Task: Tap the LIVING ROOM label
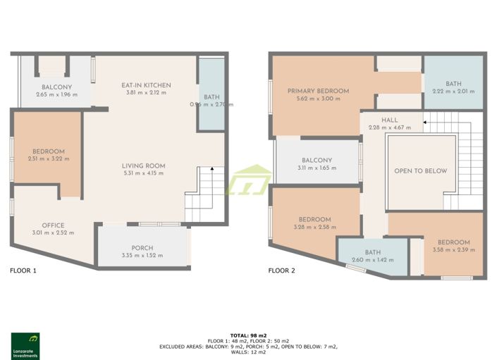pos(144,166)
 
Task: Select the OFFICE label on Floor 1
pos(53,225)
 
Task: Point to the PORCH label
pos(142,248)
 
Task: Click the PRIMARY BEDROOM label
pos(318,91)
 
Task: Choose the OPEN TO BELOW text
pos(420,170)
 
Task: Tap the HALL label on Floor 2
pos(390,120)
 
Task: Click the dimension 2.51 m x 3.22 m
pos(48,159)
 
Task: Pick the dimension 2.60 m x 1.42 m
pos(372,260)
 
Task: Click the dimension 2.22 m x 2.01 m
pos(453,91)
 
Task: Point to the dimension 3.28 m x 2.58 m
pos(314,227)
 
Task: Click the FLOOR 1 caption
pos(23,270)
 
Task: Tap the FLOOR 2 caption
pos(282,270)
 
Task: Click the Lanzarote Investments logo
pos(25,345)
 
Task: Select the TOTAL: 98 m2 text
pos(248,335)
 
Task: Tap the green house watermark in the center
pos(248,180)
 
